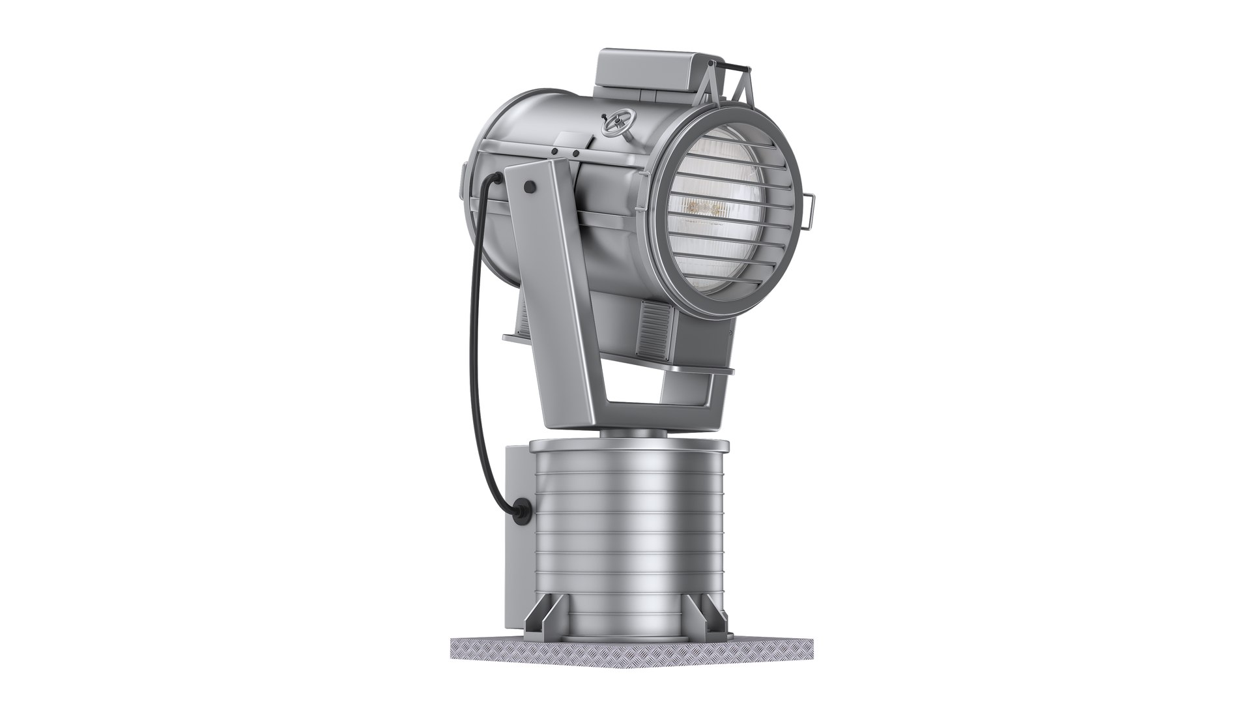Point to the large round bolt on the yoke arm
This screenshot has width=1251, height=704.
529,187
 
